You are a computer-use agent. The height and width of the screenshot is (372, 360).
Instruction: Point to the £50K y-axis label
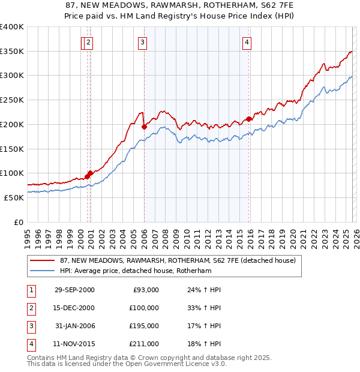click(14, 197)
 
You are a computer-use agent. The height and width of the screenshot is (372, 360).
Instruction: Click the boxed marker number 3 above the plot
click(142, 42)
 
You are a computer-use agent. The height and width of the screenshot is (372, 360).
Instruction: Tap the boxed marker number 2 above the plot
click(88, 42)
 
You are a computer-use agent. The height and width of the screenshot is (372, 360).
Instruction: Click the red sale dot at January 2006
click(144, 127)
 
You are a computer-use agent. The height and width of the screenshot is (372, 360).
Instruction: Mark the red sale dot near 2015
click(249, 119)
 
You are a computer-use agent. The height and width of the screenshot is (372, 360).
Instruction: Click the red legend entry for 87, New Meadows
click(177, 261)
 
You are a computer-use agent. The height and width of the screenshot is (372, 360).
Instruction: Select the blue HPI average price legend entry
click(144, 271)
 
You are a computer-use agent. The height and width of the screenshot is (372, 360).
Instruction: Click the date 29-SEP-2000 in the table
click(74, 290)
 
